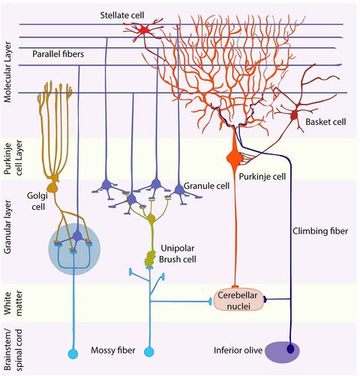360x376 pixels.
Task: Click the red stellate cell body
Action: click(142, 30)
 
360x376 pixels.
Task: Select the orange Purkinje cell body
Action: click(232, 159)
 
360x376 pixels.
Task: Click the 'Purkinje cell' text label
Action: click(262, 176)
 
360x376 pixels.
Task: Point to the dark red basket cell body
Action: click(293, 116)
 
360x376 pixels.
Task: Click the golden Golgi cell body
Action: click(53, 184)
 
